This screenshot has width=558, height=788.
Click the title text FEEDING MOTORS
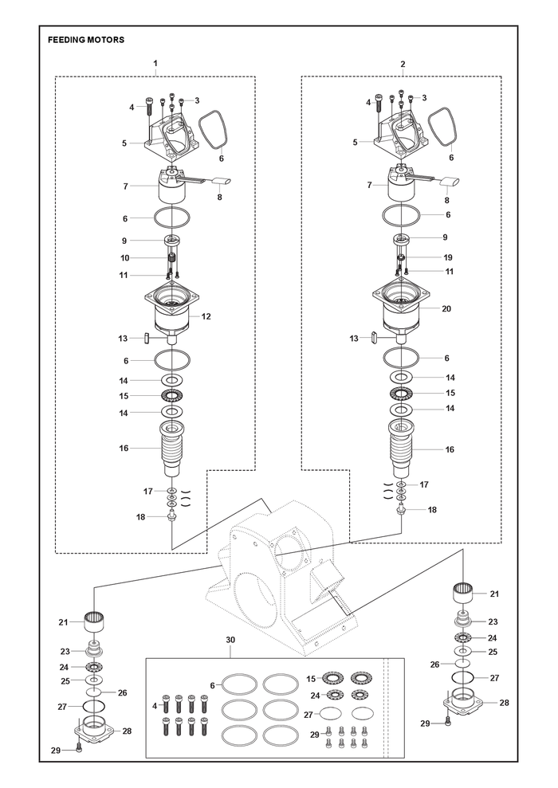coord(86,40)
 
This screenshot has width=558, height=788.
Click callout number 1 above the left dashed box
coord(155,63)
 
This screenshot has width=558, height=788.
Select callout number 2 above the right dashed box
coord(403,65)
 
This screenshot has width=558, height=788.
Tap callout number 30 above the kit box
coord(230,641)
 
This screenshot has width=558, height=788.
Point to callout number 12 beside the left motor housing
coord(206,316)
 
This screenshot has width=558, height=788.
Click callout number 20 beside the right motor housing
coord(446,308)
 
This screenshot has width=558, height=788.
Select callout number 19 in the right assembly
coord(448,257)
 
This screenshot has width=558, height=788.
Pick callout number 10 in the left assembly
coord(124,258)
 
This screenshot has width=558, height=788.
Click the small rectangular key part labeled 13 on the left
coord(146,338)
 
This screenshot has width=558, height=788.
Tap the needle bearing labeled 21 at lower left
coord(94,622)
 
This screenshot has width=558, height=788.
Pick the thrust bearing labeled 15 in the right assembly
coord(401,393)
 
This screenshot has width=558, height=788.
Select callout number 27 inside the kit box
coord(308,715)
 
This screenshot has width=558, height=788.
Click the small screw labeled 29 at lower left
coord(78,748)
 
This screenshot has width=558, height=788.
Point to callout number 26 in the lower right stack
coord(434,665)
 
